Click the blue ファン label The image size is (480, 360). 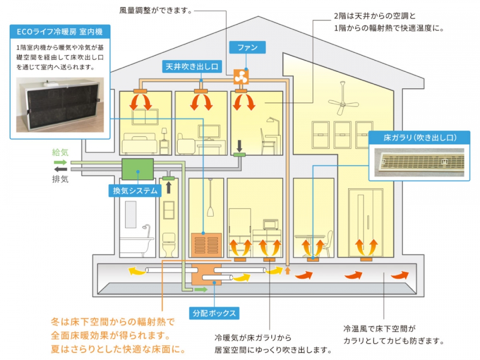tap(247, 47)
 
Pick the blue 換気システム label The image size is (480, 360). tap(135, 191)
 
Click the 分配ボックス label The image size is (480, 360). tap(214, 313)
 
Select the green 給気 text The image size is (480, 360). tap(60, 153)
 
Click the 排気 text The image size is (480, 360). tap(60, 180)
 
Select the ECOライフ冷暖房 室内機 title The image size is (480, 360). tap(60, 33)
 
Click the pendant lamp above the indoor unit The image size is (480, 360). tap(210, 212)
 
